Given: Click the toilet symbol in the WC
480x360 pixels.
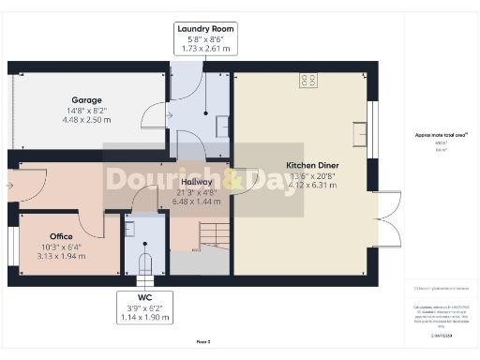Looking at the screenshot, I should (x=144, y=261).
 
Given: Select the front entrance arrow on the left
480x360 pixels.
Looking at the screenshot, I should (x=8, y=186).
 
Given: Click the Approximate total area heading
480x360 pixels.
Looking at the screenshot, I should (x=441, y=135).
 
